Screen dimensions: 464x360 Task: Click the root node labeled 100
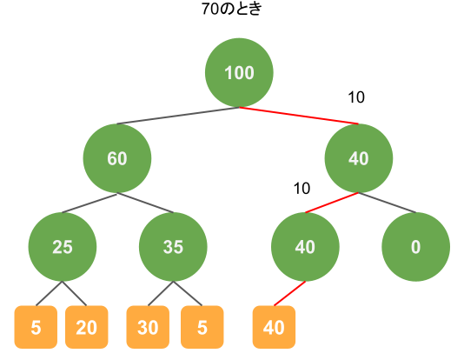(x=239, y=72)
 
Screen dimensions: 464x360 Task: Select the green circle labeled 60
(x=117, y=158)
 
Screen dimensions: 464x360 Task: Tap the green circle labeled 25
(x=63, y=247)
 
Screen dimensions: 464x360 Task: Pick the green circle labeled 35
(x=173, y=247)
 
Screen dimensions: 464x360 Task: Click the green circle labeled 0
(x=415, y=247)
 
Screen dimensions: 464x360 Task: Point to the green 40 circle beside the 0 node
(x=305, y=247)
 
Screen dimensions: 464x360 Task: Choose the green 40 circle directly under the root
(x=359, y=158)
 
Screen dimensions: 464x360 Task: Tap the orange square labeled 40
(x=274, y=327)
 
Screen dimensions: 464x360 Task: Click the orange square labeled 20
(x=86, y=327)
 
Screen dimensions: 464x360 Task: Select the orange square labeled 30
(x=148, y=327)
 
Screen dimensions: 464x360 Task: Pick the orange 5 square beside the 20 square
(x=36, y=327)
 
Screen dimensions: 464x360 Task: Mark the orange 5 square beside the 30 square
(x=202, y=327)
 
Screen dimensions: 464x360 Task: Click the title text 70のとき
(x=232, y=9)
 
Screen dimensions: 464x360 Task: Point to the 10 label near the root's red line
(x=356, y=97)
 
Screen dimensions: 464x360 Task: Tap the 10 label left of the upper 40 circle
(x=302, y=189)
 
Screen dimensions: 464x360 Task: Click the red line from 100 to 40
(x=299, y=116)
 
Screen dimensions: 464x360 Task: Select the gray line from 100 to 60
(x=178, y=116)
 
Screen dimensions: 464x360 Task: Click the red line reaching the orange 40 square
(x=289, y=293)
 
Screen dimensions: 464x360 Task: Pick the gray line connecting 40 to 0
(x=387, y=203)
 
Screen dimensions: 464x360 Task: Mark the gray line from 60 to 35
(x=145, y=203)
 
